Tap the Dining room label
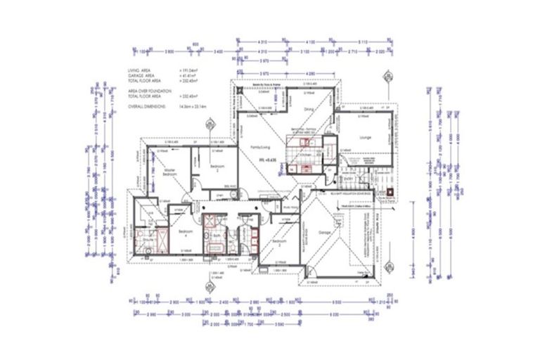pyautogui.click(x=309, y=110)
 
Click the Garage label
pyautogui.click(x=324, y=231)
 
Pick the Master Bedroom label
pyautogui.click(x=169, y=173)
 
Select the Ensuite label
pyautogui.click(x=149, y=240)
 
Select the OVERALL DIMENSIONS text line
pyautogui.click(x=146, y=107)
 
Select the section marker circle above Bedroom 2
pyautogui.click(x=209, y=127)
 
